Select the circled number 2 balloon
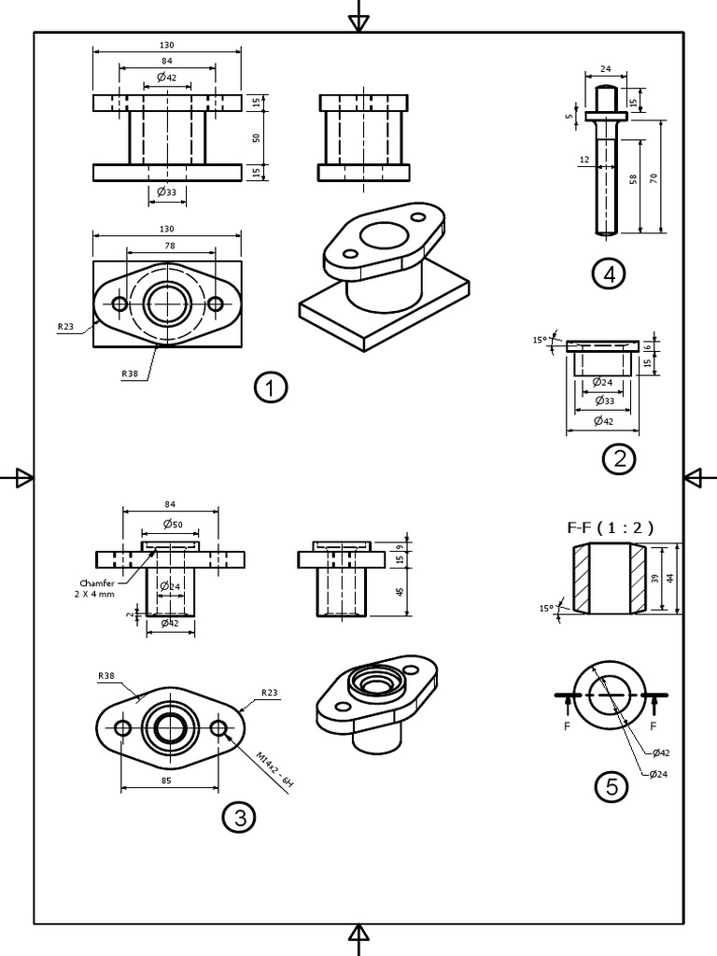(x=619, y=458)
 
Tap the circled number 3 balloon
(x=239, y=818)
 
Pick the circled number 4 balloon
(x=609, y=274)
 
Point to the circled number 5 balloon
(x=612, y=787)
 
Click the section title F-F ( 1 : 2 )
(x=611, y=527)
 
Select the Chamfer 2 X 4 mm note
(x=97, y=588)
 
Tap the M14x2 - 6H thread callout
(x=274, y=771)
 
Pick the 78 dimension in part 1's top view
(x=170, y=246)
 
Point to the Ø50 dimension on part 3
(x=170, y=523)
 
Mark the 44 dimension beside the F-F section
(x=670, y=579)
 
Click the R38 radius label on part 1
(x=129, y=374)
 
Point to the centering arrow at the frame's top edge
(x=358, y=21)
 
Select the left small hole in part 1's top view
(x=119, y=304)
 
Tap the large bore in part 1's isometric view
(x=380, y=233)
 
